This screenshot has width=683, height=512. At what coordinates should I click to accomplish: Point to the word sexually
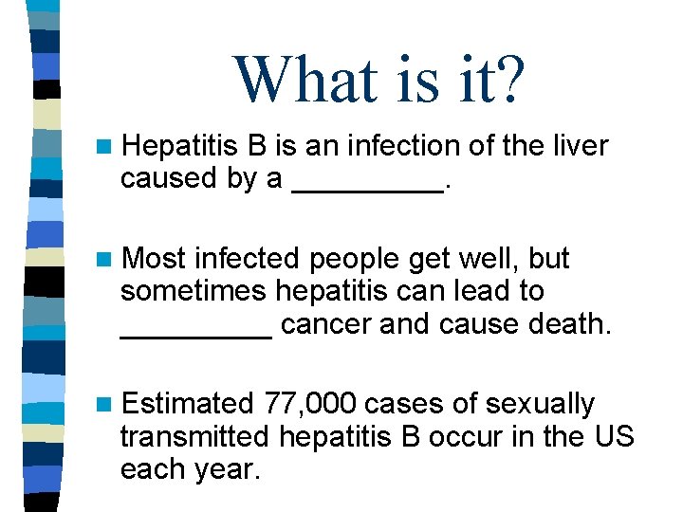(x=540, y=406)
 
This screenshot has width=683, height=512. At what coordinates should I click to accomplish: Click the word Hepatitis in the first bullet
(x=180, y=146)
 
